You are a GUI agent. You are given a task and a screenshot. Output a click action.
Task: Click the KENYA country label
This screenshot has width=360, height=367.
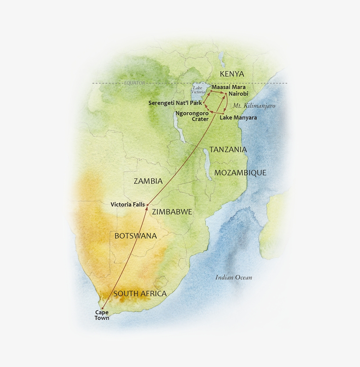(x=232, y=74)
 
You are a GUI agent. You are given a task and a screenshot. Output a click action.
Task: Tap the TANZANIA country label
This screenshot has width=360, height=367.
(x=228, y=149)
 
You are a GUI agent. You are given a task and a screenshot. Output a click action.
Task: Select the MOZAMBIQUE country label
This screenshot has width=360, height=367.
(x=240, y=173)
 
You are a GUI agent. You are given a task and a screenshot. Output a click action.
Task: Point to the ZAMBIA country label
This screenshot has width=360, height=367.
(x=148, y=181)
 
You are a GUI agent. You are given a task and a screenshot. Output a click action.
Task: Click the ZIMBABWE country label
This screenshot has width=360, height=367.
(x=172, y=212)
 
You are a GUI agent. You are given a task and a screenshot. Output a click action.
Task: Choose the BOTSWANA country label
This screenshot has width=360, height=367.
(x=135, y=236)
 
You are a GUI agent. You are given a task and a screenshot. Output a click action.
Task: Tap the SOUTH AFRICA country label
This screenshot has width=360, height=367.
(x=140, y=294)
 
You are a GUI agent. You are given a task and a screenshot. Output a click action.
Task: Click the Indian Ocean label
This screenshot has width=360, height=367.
(x=234, y=277)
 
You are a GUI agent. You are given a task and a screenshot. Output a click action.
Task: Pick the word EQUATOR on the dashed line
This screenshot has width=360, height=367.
(x=134, y=83)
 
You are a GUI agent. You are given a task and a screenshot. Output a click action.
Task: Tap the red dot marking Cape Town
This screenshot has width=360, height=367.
(x=102, y=308)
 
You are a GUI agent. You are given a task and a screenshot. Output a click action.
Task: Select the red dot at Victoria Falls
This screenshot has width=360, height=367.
(x=148, y=205)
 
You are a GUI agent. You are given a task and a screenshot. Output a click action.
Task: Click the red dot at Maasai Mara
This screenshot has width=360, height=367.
(x=211, y=91)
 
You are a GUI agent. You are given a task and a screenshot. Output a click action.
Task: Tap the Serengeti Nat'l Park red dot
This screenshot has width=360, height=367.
(x=204, y=103)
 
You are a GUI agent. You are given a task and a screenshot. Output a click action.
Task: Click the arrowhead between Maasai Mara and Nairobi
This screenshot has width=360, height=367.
(x=218, y=93)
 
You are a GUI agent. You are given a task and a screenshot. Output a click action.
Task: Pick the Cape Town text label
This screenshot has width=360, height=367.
(x=102, y=315)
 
